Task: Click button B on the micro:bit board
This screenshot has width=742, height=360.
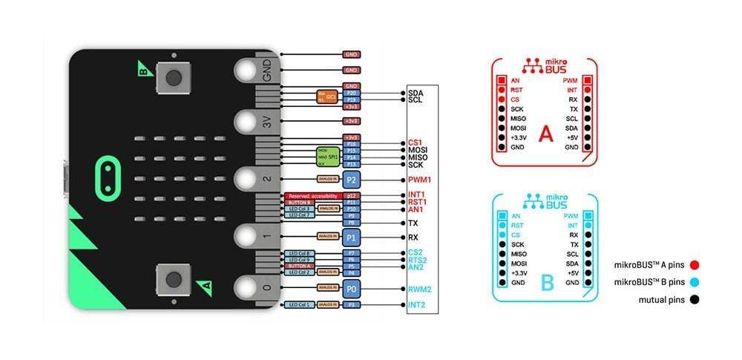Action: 174,76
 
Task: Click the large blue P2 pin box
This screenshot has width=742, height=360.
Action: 351,180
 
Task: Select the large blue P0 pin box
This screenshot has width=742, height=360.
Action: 351,288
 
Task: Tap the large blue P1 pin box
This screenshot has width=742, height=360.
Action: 351,237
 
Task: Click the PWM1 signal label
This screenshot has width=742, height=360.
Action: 420,180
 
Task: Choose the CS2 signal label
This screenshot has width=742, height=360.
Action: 416,252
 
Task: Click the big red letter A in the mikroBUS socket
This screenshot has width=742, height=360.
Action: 546,134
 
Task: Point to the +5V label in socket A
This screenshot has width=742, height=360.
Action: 571,138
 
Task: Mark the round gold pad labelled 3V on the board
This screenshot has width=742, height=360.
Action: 246,120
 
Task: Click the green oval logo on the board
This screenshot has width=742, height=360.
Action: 108,176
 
